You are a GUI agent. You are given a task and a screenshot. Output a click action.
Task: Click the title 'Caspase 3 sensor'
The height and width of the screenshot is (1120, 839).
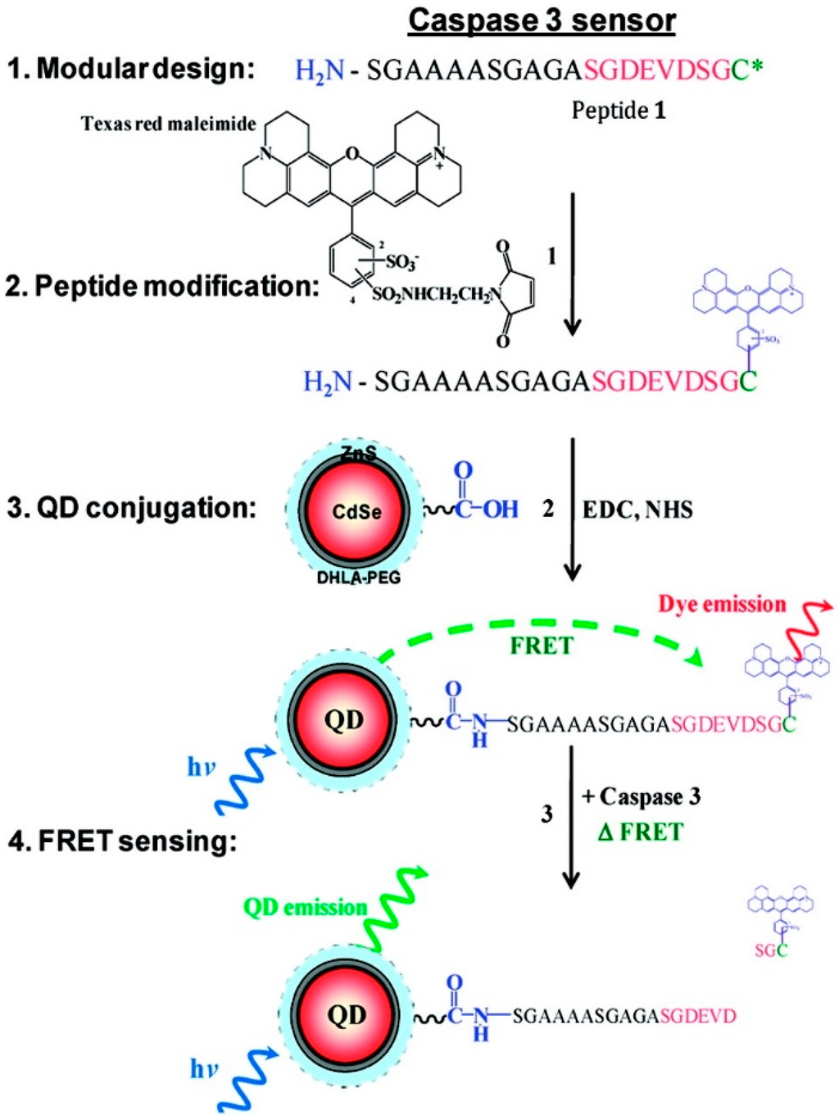[542, 20]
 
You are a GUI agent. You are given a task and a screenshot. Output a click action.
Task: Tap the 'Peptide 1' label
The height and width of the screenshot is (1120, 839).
[619, 110]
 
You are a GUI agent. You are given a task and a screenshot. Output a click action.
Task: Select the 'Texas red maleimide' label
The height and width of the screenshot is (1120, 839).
[168, 124]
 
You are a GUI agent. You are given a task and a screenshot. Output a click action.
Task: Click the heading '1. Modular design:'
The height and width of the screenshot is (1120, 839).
[130, 69]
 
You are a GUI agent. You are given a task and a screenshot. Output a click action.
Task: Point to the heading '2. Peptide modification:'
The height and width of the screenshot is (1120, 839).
[161, 286]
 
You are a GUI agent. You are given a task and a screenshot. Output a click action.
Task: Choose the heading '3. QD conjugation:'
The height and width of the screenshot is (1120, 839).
[131, 508]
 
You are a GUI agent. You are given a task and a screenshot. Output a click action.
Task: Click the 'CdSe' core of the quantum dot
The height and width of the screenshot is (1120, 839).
[356, 511]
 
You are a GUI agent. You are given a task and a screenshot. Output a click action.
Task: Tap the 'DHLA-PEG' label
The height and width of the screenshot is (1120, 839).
[359, 578]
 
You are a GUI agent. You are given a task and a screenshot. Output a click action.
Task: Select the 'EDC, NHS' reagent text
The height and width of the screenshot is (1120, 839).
[637, 510]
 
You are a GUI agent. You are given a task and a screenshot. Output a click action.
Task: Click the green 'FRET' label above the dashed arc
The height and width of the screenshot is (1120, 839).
[541, 646]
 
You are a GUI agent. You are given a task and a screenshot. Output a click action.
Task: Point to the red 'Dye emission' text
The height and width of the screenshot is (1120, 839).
[722, 605]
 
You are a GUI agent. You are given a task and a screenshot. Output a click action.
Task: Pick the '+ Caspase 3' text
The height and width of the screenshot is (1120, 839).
[642, 796]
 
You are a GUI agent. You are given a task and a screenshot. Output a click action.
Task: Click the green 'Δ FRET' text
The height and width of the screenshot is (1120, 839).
[641, 832]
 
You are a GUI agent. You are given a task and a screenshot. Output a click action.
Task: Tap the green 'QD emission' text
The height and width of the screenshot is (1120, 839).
[305, 907]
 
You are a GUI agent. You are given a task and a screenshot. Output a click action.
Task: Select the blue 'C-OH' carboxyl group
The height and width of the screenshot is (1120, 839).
[487, 509]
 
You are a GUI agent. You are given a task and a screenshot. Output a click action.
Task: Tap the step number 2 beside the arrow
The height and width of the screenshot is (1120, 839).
[548, 509]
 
